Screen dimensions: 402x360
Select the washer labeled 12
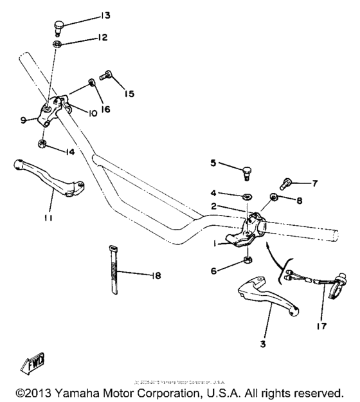point(57,43)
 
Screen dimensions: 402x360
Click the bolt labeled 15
point(107,78)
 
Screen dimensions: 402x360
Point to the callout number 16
point(105,109)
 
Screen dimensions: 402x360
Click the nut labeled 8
point(273,197)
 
